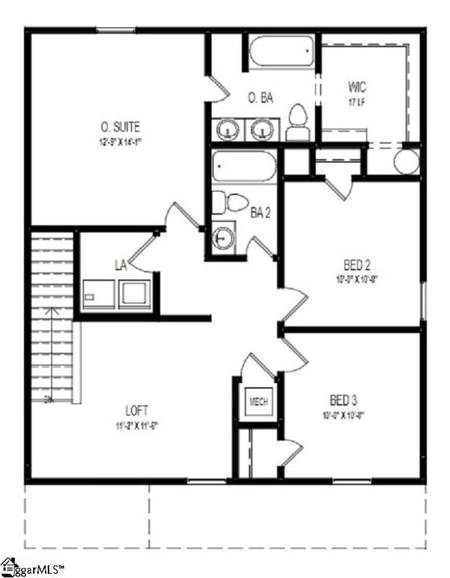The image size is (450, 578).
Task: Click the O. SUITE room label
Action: click(121, 127)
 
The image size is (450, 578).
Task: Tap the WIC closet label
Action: click(357, 87)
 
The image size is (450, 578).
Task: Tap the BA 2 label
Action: click(261, 212)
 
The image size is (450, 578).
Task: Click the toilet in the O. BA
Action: click(297, 121)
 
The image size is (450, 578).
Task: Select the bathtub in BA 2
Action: click(243, 168)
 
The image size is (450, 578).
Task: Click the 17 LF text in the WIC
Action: click(357, 102)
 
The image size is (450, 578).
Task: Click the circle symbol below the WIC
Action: click(407, 160)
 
